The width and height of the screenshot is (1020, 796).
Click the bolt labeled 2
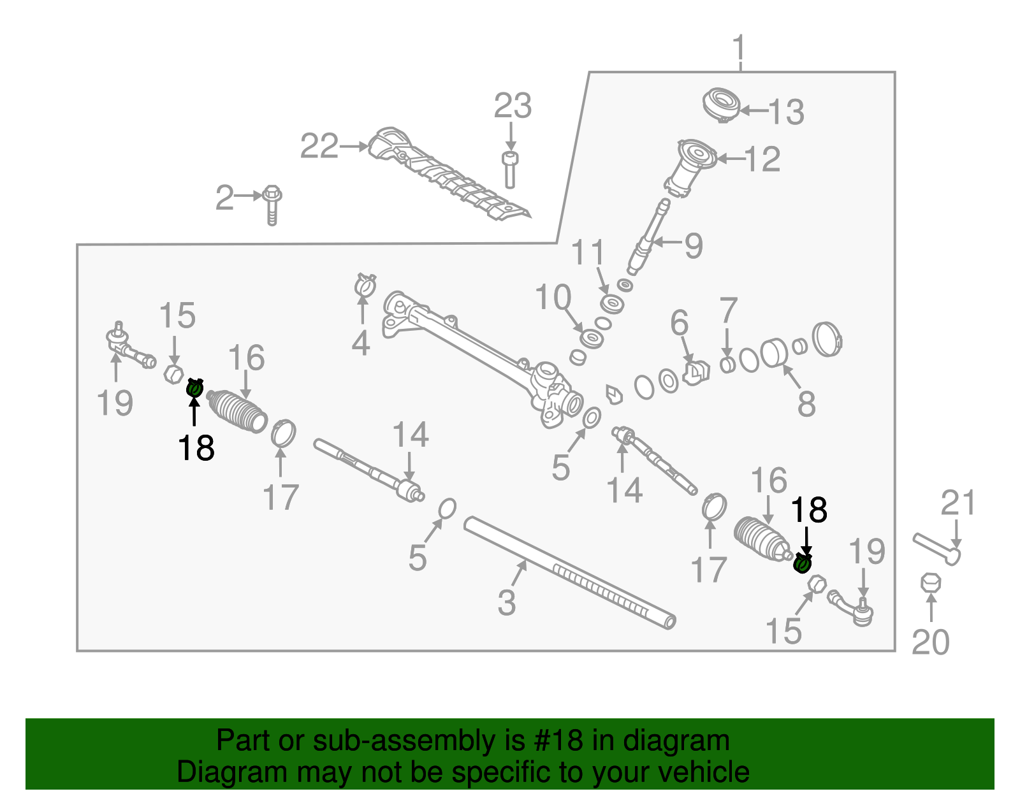point(272,204)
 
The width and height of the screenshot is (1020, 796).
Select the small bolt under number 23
point(509,169)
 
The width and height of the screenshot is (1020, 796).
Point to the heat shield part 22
point(446,175)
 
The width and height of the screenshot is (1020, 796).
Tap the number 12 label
point(762,159)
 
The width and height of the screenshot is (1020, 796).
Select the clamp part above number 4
point(365,285)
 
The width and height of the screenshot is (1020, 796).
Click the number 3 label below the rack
point(507,602)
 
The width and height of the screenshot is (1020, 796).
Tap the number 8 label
point(806,404)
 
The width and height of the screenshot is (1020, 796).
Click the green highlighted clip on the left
point(194,387)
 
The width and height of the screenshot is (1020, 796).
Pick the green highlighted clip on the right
point(803,563)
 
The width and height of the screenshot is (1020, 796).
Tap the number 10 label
point(553,298)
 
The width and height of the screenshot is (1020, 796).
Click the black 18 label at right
point(809,510)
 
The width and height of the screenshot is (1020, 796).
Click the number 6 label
point(680,323)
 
